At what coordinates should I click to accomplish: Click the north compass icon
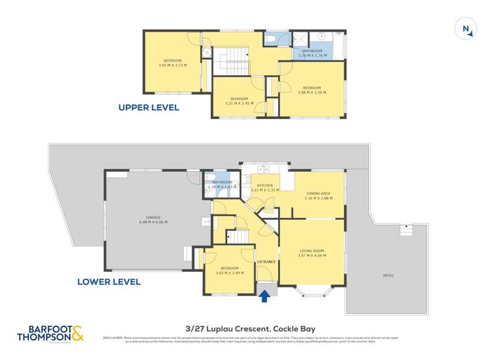click(466, 28)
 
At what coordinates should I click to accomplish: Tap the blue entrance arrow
click(265, 296)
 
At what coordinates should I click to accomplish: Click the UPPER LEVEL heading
click(148, 107)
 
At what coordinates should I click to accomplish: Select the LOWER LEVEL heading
click(109, 282)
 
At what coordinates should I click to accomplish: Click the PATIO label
click(389, 275)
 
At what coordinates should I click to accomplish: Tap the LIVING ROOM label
click(312, 251)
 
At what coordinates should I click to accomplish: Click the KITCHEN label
click(265, 186)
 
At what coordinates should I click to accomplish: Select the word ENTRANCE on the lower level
click(266, 262)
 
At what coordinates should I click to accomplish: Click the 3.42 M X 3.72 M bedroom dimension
click(173, 65)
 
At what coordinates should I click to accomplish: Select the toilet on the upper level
click(270, 39)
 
